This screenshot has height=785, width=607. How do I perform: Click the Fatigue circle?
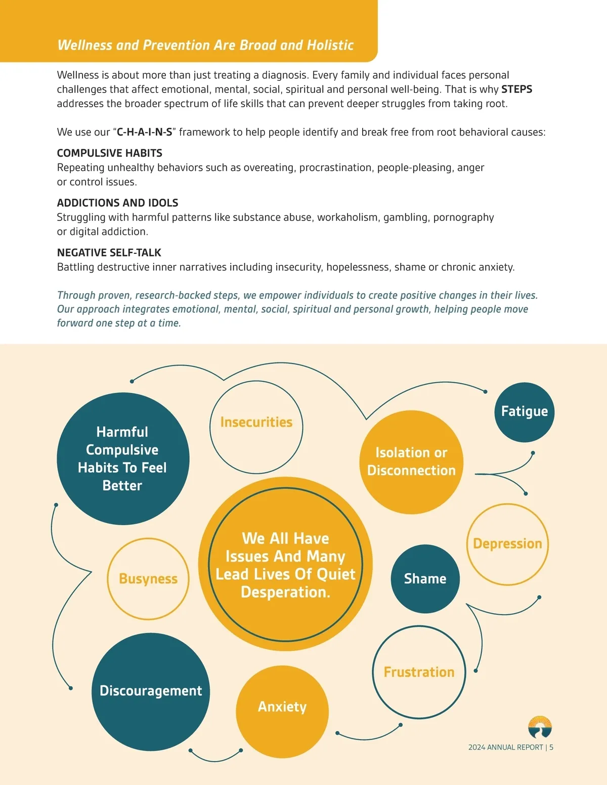[x=524, y=412]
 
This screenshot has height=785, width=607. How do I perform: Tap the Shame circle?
[x=425, y=579]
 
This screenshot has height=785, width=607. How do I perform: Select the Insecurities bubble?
[x=256, y=427]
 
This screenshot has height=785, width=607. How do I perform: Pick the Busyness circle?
[x=148, y=579]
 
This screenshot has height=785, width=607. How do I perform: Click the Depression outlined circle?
[x=507, y=544]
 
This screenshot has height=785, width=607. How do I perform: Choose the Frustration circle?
[x=419, y=672]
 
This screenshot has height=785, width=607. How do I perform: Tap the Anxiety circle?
[x=282, y=711]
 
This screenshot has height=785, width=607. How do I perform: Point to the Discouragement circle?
[x=151, y=691]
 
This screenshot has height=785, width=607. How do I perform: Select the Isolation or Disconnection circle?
[x=411, y=461]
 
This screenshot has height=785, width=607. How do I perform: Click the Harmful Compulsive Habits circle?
[x=122, y=458]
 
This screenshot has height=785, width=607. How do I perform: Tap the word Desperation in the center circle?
[x=285, y=592]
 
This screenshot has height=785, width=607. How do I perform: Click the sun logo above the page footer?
[x=540, y=727]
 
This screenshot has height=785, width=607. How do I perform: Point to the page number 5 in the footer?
[x=551, y=747]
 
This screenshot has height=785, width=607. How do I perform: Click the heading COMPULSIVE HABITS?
[x=109, y=153]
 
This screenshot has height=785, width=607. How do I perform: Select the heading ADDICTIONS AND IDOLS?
[x=117, y=203]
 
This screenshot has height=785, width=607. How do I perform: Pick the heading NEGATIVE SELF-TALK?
[x=109, y=253]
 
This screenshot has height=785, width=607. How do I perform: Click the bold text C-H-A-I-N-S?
[x=144, y=132]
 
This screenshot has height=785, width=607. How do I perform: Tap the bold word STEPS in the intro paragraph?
[x=516, y=89]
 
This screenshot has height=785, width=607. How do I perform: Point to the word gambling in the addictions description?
[x=405, y=217]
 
